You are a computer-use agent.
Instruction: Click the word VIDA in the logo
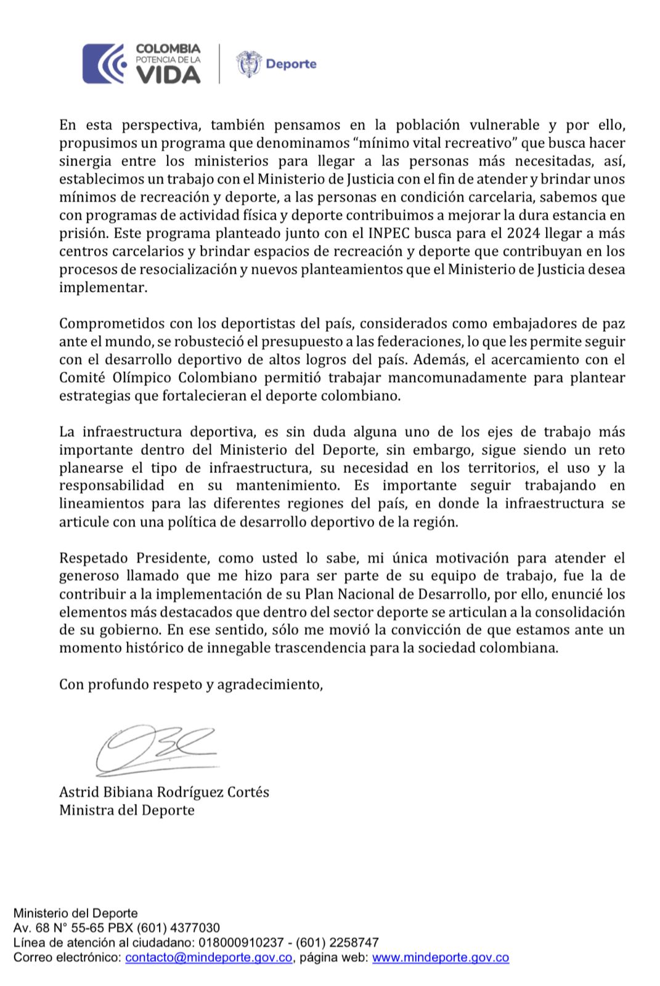pos(168,75)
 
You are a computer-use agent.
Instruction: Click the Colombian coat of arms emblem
pos(248,63)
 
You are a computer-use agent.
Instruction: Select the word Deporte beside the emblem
pos(291,63)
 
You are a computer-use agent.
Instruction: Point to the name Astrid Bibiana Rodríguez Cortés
pos(164,792)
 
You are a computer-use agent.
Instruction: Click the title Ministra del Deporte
pos(127,810)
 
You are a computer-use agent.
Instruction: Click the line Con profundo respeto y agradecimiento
pos(191,684)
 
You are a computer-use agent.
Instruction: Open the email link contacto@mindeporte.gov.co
pos(208,958)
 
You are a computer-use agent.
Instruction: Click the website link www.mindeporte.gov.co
pos(441,958)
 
